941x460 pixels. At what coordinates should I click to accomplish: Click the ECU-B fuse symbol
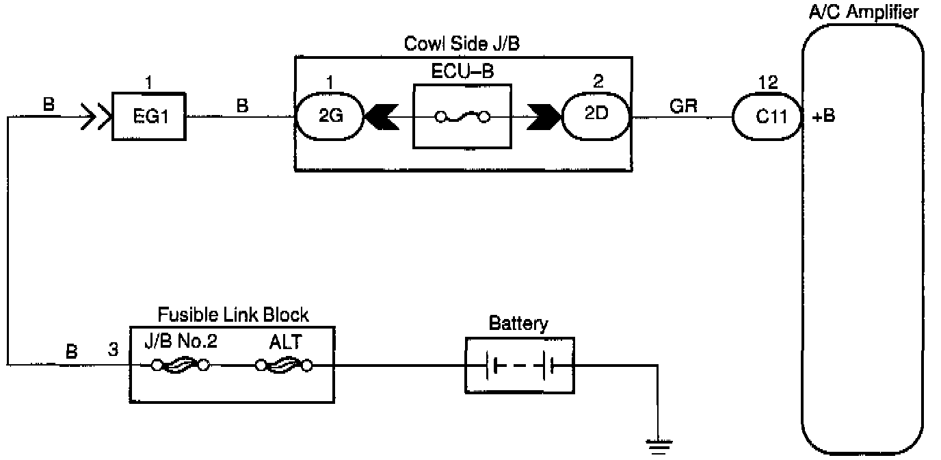[x=462, y=117]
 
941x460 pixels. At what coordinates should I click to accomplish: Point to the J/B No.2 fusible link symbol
[x=181, y=365]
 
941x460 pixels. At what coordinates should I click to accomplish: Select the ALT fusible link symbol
[x=284, y=365]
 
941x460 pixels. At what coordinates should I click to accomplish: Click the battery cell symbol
[x=520, y=366]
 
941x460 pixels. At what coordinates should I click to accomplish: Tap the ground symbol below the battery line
[x=659, y=446]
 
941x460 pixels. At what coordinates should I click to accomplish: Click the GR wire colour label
[x=683, y=106]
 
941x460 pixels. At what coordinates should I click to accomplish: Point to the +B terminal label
[x=823, y=116]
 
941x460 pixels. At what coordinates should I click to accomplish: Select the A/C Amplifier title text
[x=864, y=12]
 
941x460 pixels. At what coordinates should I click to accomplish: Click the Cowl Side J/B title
[x=462, y=43]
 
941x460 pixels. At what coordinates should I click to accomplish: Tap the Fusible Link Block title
[x=233, y=314]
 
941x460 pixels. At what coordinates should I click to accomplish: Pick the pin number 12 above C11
[x=768, y=82]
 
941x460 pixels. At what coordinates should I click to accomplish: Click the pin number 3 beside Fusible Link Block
[x=113, y=349]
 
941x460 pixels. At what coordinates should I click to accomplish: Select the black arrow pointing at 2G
[x=382, y=117]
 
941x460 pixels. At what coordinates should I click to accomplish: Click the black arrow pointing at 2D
[x=544, y=117]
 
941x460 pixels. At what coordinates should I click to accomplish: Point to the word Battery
[x=518, y=324]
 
